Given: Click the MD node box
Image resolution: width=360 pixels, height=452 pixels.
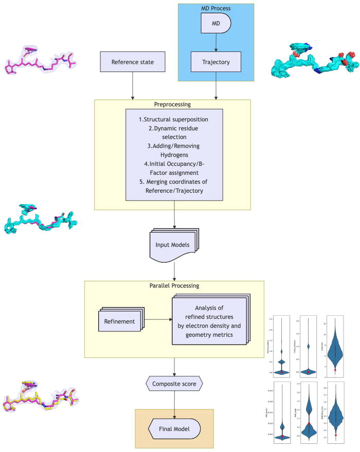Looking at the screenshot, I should pos(215,24).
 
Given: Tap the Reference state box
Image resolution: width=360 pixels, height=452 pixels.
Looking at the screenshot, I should pos(133,63).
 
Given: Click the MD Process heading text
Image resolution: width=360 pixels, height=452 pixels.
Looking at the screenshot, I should pos(215,8).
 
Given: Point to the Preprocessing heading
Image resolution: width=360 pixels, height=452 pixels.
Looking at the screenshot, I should pos(172,104).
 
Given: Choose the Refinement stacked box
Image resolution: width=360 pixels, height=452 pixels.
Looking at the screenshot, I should pos(119,322).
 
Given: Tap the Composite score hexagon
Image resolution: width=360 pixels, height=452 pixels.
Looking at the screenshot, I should pos(175,383).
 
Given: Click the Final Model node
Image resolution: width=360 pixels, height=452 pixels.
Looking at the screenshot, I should pos(175,427).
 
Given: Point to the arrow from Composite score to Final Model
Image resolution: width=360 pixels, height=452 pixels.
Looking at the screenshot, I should pos(175,403).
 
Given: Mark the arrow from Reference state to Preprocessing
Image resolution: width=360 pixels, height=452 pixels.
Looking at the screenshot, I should pos(133,85).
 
